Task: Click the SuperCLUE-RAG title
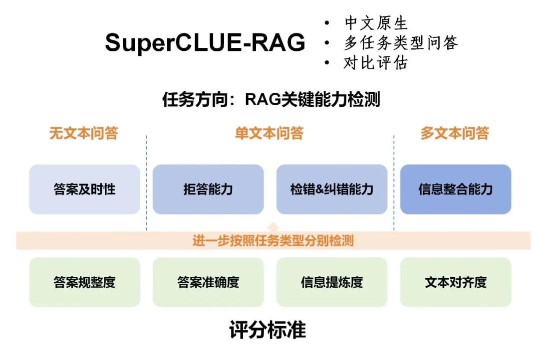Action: [x=205, y=43]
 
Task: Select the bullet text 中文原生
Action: [x=375, y=23]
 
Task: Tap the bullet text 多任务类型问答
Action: [x=400, y=43]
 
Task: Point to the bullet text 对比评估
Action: [x=375, y=63]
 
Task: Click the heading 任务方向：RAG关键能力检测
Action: [x=271, y=100]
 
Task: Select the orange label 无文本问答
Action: [x=83, y=134]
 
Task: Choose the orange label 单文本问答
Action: [x=269, y=134]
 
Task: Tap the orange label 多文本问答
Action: [x=455, y=134]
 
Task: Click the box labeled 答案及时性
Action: [x=84, y=189]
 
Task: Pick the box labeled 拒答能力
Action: [x=208, y=189]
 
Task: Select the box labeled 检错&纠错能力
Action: [x=332, y=189]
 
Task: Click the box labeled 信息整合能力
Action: [x=456, y=189]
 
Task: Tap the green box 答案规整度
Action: [x=84, y=282]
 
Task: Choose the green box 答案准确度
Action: [x=208, y=282]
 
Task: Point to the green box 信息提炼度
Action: [x=332, y=282]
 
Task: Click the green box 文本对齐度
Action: [x=456, y=282]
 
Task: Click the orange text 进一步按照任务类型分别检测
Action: [x=273, y=241]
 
